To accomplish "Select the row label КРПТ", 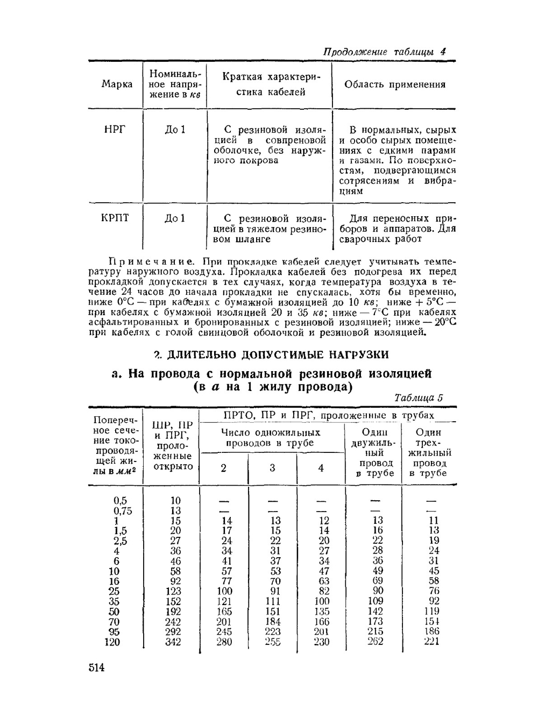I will point(115,218).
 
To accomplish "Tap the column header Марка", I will point(117,84).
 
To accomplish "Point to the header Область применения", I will point(395,84).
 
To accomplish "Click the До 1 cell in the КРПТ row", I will point(175,218).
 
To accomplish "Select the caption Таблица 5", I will point(419,398).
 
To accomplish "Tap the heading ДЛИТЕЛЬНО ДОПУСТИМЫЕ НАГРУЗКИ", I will point(278,354).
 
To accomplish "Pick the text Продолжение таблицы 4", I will point(384,52).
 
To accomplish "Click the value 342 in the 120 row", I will point(173,642).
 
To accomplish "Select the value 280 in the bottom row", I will point(224,642).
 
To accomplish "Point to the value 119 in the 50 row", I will point(431,611).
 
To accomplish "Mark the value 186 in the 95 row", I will point(431,631).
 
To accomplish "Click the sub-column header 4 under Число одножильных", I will point(321,468).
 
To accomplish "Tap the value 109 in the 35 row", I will point(375,601).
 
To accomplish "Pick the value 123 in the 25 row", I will point(173,591).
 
